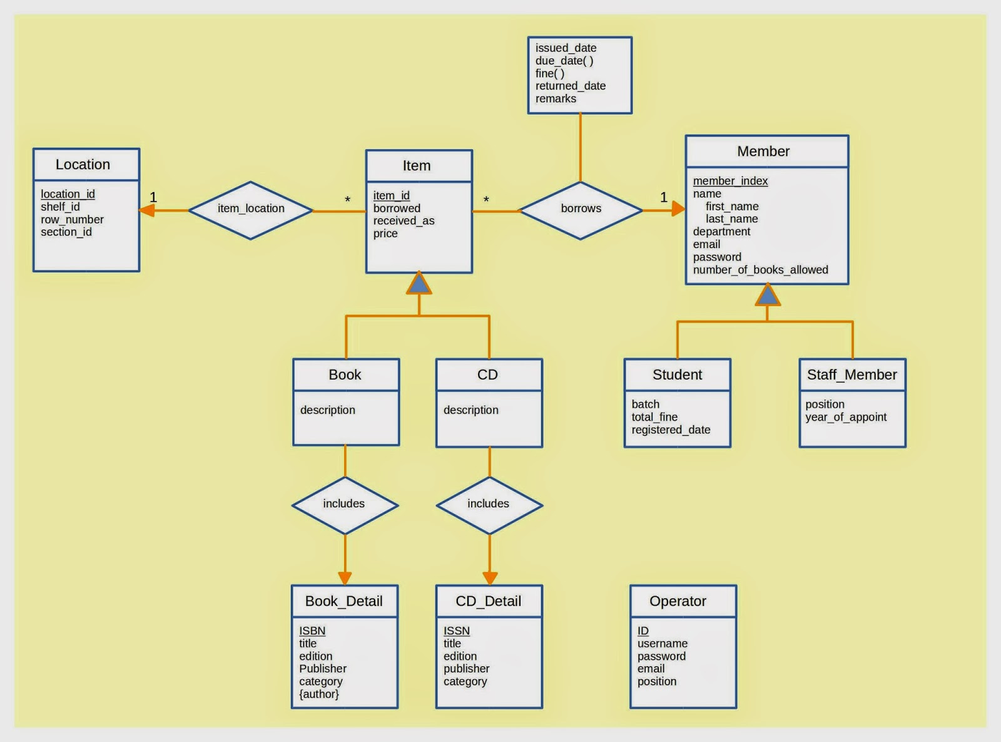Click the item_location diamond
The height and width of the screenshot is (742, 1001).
[x=250, y=210]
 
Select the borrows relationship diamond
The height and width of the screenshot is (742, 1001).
[x=581, y=210]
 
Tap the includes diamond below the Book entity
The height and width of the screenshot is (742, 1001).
[x=345, y=505]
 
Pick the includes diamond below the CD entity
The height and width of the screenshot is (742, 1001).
[x=490, y=505]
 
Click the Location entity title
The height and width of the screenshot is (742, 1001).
[x=83, y=165]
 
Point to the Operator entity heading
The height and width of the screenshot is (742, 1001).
[x=678, y=601]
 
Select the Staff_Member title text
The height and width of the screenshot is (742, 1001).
[x=852, y=374]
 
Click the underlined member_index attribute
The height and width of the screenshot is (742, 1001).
[x=730, y=181]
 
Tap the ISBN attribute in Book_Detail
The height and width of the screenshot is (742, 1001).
[x=312, y=631]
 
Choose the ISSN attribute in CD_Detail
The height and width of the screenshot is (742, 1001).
[x=457, y=631]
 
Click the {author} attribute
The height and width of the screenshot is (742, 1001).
[x=319, y=694]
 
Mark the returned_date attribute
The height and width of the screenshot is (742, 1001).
[x=571, y=86]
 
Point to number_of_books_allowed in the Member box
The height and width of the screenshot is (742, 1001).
[x=761, y=270]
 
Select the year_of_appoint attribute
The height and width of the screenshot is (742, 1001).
[x=846, y=417]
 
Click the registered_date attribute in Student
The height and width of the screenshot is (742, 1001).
[x=671, y=430]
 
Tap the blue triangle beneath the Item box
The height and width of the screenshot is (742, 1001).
[x=419, y=283]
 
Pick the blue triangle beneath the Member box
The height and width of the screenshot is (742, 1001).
[x=768, y=295]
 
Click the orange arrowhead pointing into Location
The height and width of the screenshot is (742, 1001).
[x=146, y=210]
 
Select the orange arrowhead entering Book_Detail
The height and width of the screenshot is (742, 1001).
[x=345, y=579]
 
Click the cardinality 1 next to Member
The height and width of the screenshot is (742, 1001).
[x=663, y=197]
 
